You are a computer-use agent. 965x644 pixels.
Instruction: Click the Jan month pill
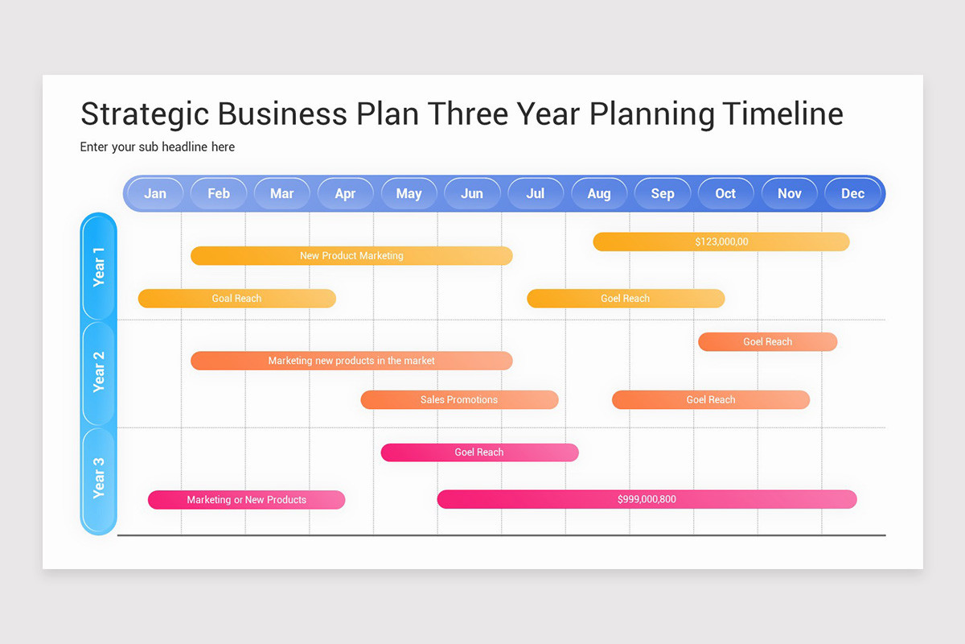pyautogui.click(x=155, y=193)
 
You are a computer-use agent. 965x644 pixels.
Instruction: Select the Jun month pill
pyautogui.click(x=472, y=193)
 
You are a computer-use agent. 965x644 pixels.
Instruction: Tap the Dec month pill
pyautogui.click(x=852, y=193)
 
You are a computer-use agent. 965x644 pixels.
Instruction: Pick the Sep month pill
pyautogui.click(x=663, y=193)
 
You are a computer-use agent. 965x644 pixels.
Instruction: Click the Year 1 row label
pyautogui.click(x=99, y=266)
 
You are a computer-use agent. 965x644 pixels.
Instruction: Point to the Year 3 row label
pyautogui.click(x=99, y=478)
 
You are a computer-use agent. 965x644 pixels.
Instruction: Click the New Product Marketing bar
pyautogui.click(x=351, y=255)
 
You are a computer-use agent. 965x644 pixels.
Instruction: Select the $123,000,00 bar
pyautogui.click(x=721, y=242)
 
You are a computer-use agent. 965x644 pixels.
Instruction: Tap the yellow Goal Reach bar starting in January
pyautogui.click(x=236, y=299)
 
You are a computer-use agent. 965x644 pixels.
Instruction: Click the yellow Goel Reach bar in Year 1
pyautogui.click(x=626, y=299)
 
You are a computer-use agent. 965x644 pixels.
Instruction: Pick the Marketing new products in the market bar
pyautogui.click(x=351, y=361)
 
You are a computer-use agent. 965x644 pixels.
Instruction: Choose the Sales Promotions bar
pyautogui.click(x=459, y=399)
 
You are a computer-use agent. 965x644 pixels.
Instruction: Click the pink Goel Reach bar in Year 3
pyautogui.click(x=479, y=452)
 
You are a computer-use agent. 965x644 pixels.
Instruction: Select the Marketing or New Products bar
pyautogui.click(x=246, y=500)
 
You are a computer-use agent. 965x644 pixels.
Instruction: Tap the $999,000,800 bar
pyautogui.click(x=647, y=499)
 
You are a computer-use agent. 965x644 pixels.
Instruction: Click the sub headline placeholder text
pyautogui.click(x=158, y=147)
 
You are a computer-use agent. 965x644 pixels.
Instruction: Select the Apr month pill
pyautogui.click(x=345, y=193)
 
